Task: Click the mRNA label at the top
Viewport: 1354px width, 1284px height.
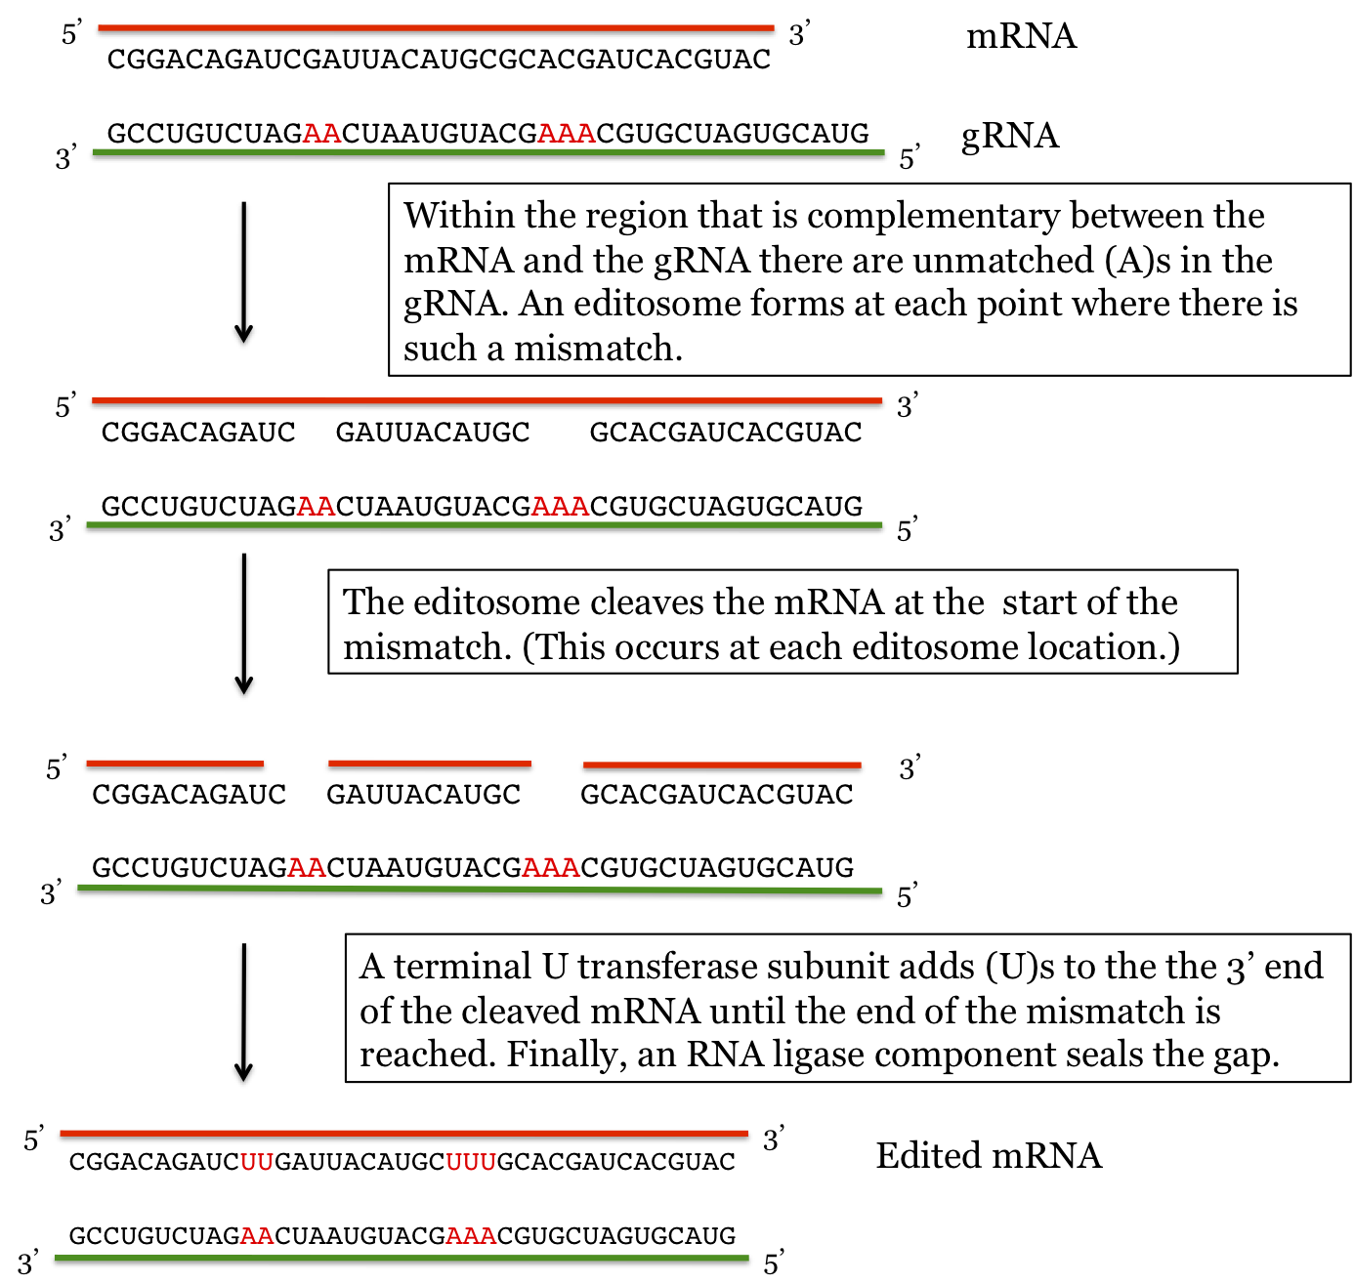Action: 1021,37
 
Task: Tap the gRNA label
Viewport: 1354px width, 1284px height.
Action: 1009,136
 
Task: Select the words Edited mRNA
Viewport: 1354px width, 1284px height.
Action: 988,1156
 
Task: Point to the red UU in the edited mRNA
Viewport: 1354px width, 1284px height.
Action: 257,1162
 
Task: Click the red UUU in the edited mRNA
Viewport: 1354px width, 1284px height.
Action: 471,1162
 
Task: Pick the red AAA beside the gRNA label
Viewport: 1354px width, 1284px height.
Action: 567,134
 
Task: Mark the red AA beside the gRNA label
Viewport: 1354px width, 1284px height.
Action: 322,134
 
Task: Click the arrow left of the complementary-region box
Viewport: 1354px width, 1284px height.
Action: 244,272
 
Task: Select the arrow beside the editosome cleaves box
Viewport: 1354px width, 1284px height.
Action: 244,624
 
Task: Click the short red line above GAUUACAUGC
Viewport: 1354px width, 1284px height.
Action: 430,764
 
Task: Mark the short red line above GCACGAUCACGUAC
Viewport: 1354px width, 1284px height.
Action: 722,765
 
